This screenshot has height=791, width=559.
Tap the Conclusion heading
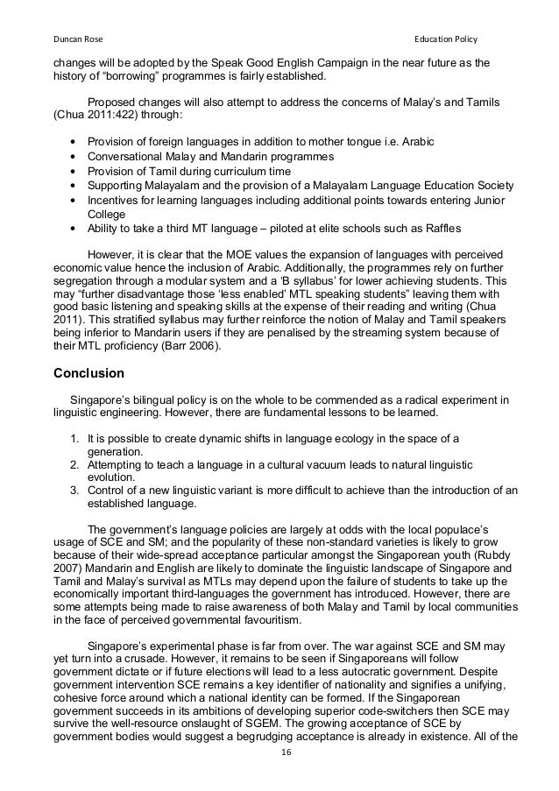click(88, 374)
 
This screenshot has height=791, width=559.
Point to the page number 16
click(279, 776)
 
